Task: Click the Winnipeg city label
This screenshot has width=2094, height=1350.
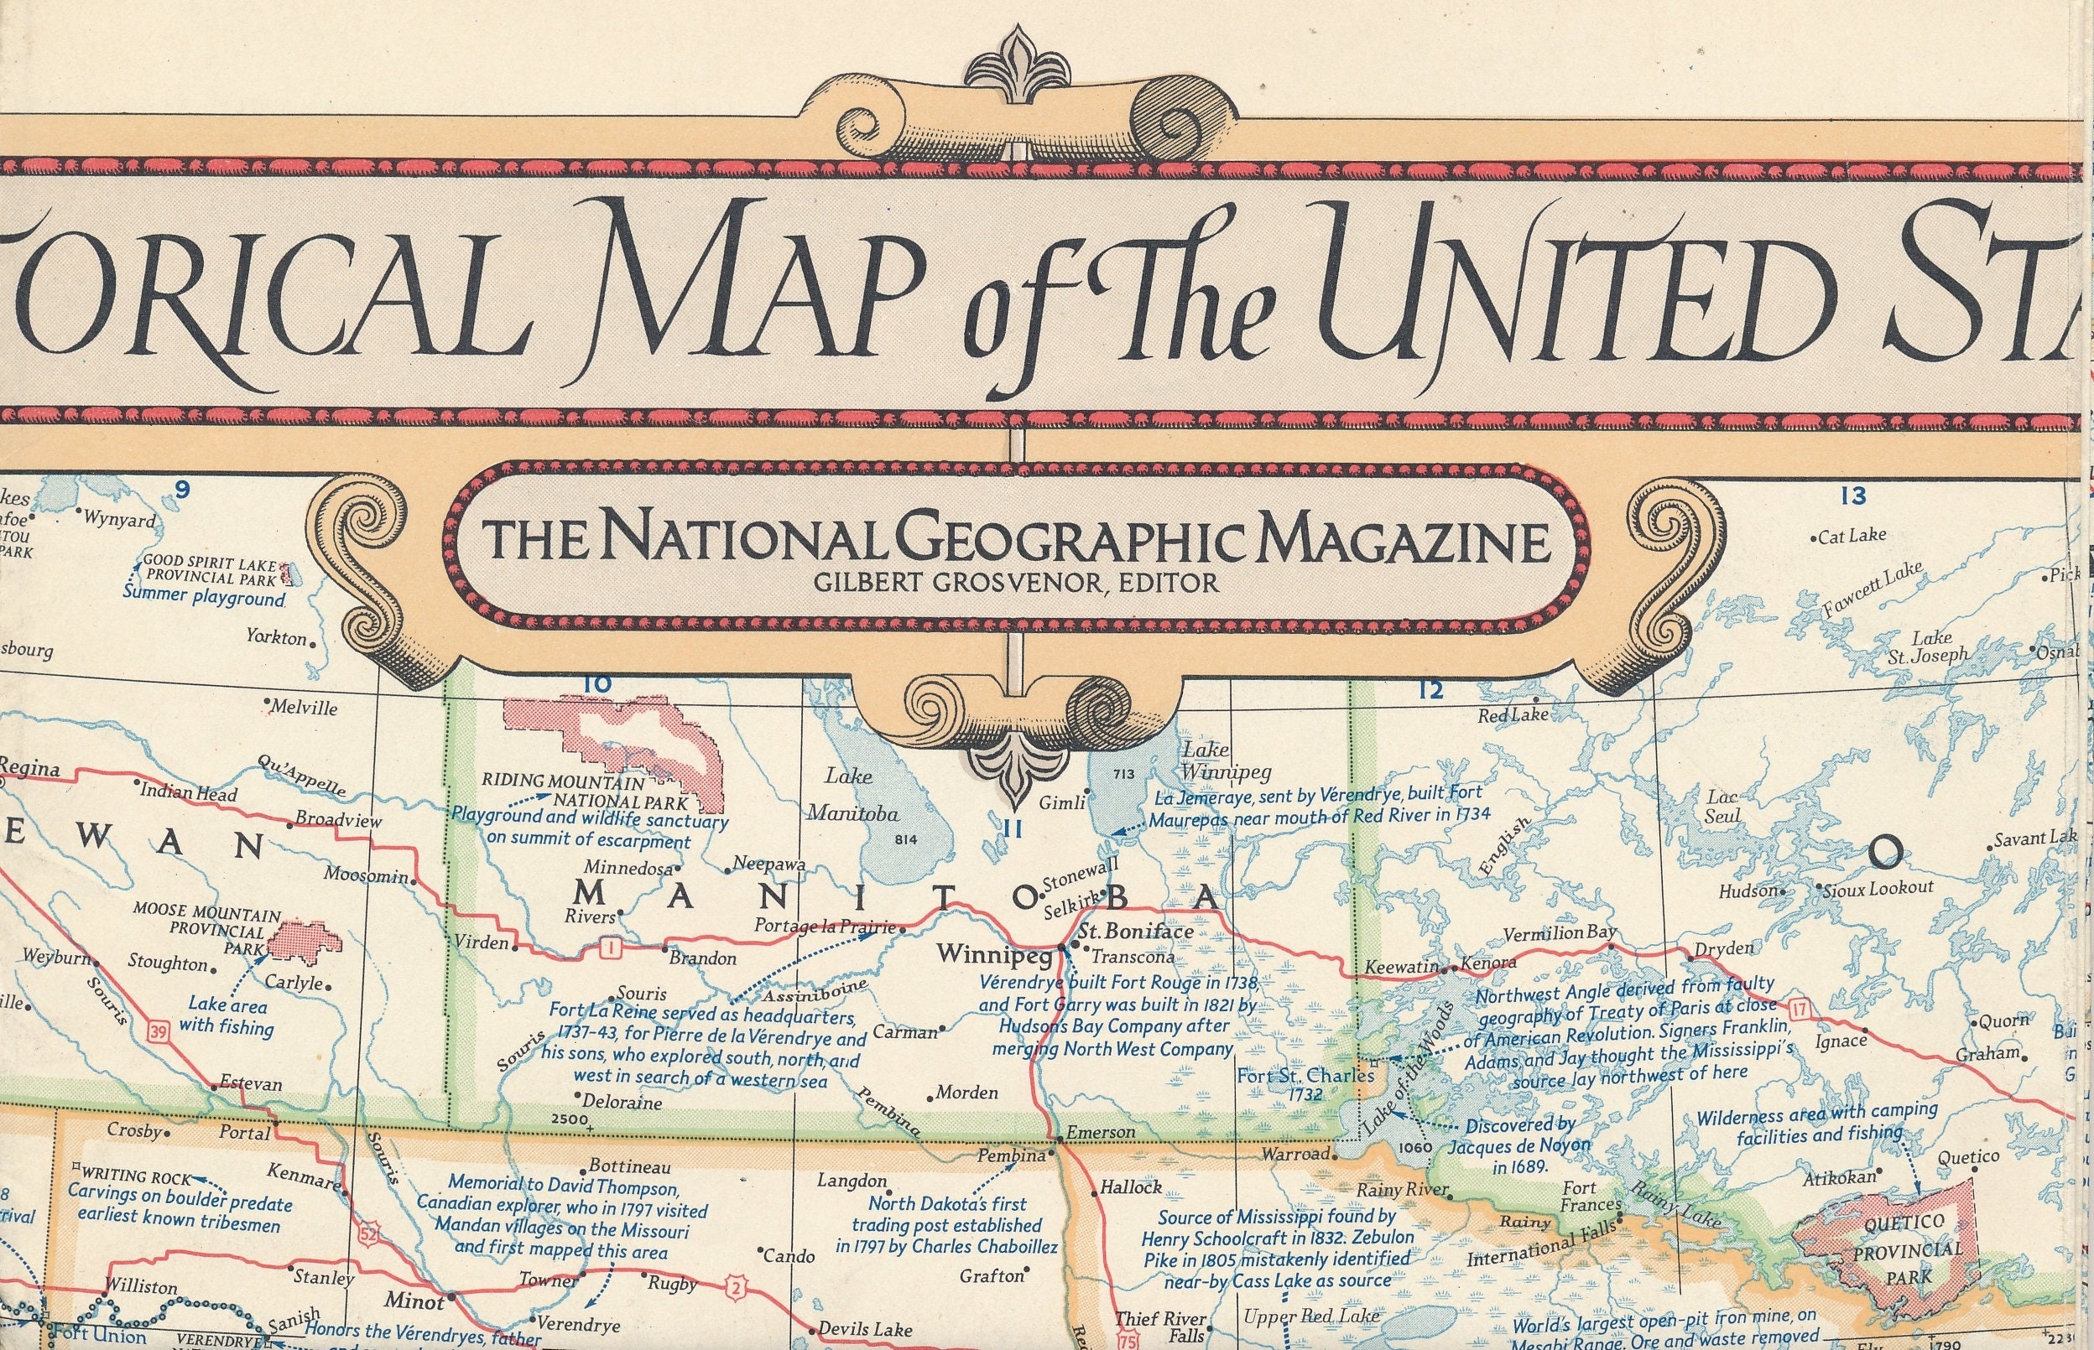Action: pyautogui.click(x=994, y=953)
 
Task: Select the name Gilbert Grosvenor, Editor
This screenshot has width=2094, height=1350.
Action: pyautogui.click(x=1015, y=582)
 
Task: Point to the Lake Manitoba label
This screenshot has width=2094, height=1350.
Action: pyautogui.click(x=852, y=794)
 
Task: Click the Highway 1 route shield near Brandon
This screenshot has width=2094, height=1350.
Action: pyautogui.click(x=608, y=948)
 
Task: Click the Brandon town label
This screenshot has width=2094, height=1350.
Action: pyautogui.click(x=702, y=958)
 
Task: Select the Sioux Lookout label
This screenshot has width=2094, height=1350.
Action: pyautogui.click(x=1878, y=888)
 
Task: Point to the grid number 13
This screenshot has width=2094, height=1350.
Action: pyautogui.click(x=1853, y=496)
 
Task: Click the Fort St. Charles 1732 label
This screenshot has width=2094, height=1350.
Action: pyautogui.click(x=1305, y=1084)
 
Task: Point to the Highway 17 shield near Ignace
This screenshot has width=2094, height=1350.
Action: pyautogui.click(x=1800, y=1010)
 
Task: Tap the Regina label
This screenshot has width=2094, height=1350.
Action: pyautogui.click(x=28, y=769)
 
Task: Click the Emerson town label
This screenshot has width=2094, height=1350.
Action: pyautogui.click(x=1101, y=1132)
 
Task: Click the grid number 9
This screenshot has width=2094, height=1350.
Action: pyautogui.click(x=181, y=490)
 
